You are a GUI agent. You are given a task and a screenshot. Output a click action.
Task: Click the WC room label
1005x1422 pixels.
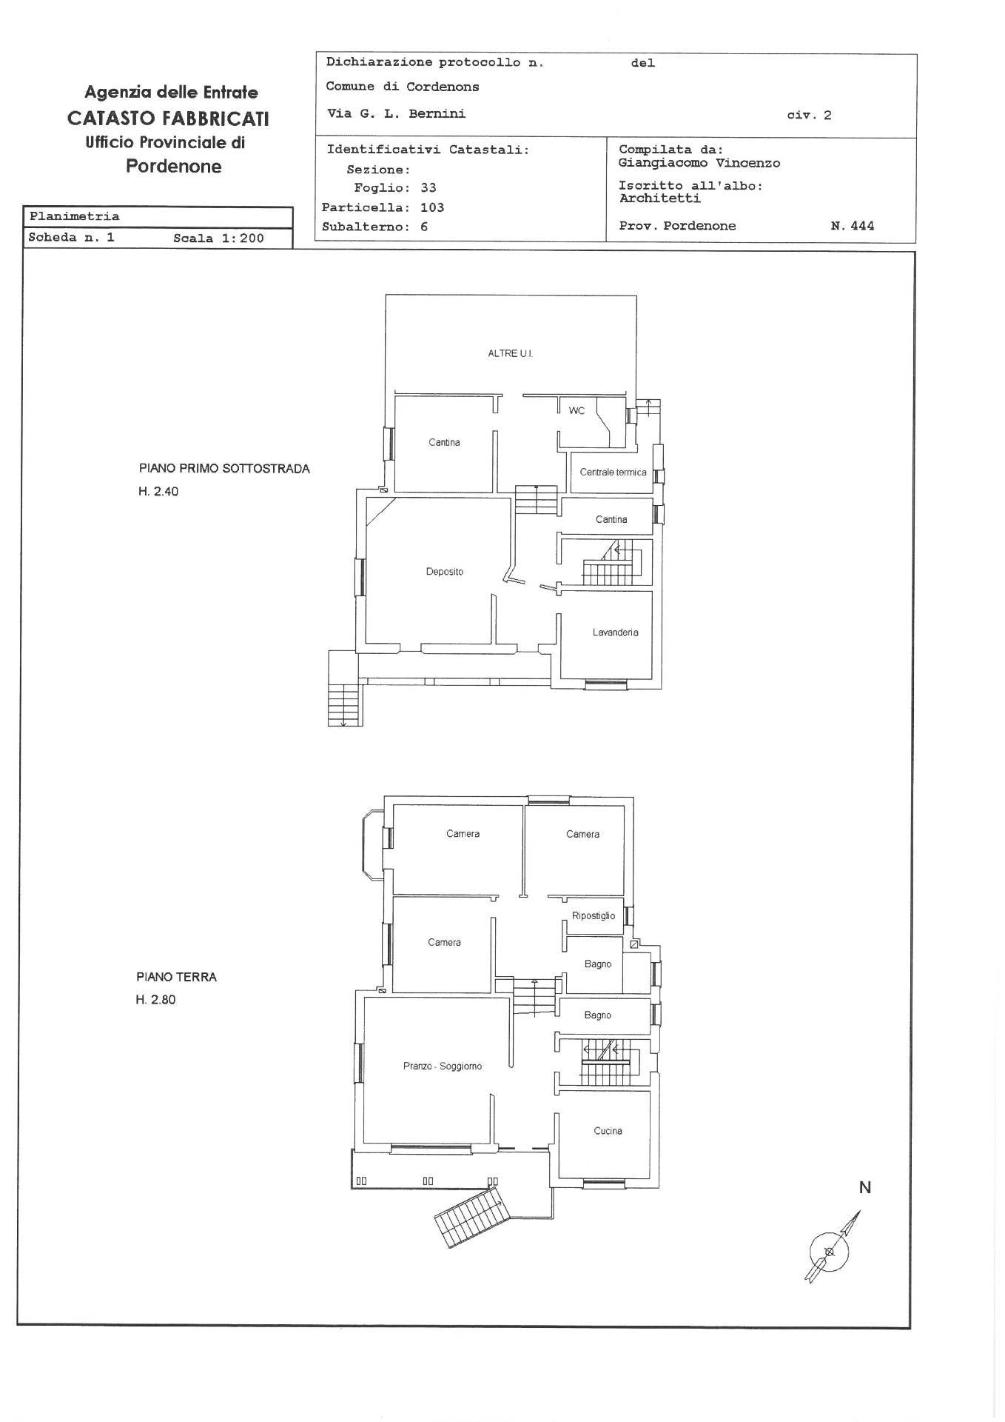pyautogui.click(x=577, y=410)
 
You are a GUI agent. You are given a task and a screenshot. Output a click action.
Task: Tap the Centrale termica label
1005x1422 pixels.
pyautogui.click(x=613, y=473)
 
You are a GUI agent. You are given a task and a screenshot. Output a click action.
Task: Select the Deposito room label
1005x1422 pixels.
pyautogui.click(x=444, y=572)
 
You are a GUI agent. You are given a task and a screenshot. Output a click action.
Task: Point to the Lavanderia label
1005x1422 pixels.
pyautogui.click(x=615, y=632)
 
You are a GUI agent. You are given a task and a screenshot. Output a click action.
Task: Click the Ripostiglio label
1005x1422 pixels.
pyautogui.click(x=594, y=916)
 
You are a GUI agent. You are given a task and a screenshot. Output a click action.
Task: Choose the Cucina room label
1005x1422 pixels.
pyautogui.click(x=608, y=1131)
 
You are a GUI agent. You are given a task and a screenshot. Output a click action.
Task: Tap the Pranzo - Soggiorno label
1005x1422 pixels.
pyautogui.click(x=443, y=1066)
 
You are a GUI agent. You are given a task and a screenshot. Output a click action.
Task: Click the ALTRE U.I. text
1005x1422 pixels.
pyautogui.click(x=510, y=354)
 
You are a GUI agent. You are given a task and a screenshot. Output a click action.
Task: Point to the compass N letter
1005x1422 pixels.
pyautogui.click(x=864, y=1188)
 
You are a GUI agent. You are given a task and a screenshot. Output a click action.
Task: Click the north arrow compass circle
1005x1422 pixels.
pyautogui.click(x=829, y=1252)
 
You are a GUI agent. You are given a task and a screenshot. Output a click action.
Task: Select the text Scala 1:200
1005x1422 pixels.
pyautogui.click(x=218, y=238)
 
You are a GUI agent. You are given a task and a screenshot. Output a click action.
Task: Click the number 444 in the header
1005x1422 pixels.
pyautogui.click(x=862, y=226)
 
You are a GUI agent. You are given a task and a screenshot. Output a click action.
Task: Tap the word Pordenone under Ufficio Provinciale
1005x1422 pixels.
pyautogui.click(x=173, y=167)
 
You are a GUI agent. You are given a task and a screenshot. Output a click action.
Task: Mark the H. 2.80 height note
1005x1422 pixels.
pyautogui.click(x=155, y=1000)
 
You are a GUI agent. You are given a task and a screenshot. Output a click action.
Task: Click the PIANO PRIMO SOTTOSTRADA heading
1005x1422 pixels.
pyautogui.click(x=224, y=469)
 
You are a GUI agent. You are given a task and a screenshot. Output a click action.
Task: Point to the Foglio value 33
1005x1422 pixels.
pyautogui.click(x=428, y=188)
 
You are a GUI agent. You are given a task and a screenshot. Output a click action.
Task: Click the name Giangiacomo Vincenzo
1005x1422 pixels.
pyautogui.click(x=699, y=163)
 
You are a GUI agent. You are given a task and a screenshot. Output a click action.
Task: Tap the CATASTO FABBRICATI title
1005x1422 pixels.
pyautogui.click(x=168, y=118)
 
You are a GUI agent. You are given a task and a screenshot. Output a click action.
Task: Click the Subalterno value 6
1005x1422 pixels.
pyautogui.click(x=424, y=227)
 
